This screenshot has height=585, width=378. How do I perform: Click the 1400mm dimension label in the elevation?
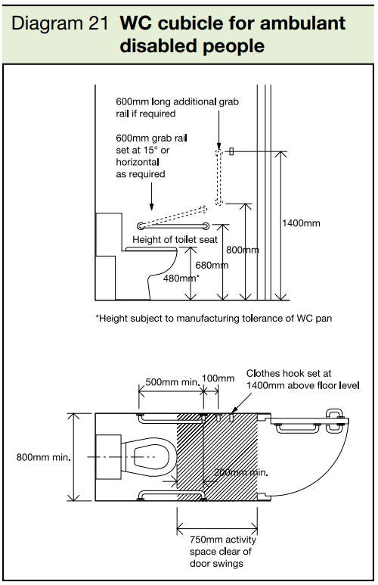pyautogui.click(x=300, y=223)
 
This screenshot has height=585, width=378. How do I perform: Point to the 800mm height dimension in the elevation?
pyautogui.click(x=243, y=250)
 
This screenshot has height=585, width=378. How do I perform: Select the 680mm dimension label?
pyautogui.click(x=212, y=265)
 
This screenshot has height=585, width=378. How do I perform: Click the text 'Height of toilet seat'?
pyautogui.click(x=175, y=239)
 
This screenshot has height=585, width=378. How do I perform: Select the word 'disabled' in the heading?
pyautogui.click(x=152, y=45)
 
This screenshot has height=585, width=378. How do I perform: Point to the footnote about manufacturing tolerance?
pyautogui.click(x=213, y=319)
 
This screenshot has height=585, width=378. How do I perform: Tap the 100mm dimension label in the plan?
pyautogui.click(x=219, y=378)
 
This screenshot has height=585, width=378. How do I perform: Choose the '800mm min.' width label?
pyautogui.click(x=41, y=456)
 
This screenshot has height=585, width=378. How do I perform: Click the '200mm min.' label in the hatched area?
pyautogui.click(x=242, y=472)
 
